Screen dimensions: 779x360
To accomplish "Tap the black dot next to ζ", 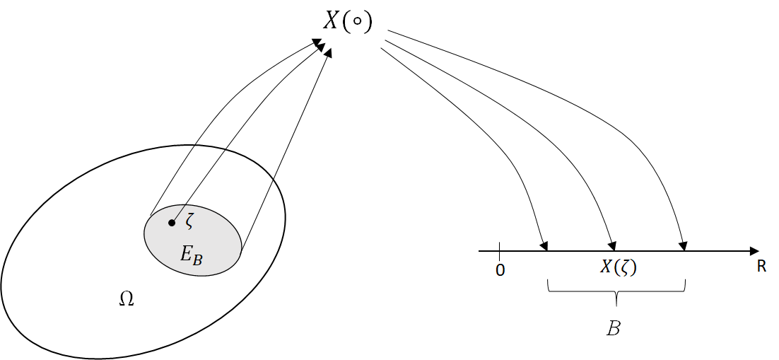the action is [x=171, y=223].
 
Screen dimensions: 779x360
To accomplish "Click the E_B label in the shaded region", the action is [x=192, y=255].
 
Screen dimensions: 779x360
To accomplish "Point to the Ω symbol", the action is [x=127, y=299].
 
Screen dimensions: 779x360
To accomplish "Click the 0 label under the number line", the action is [x=500, y=270].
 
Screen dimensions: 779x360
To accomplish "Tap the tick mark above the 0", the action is [x=500, y=248].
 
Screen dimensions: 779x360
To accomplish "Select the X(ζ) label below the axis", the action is [x=619, y=267].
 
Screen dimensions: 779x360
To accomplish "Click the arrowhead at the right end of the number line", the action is [x=754, y=251].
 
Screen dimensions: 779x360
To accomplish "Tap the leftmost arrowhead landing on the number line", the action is [x=544, y=245].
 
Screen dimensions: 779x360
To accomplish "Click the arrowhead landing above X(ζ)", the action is [x=613, y=245].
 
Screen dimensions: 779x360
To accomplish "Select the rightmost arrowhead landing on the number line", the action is [x=684, y=245].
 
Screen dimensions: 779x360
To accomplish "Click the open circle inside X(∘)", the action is [x=358, y=21].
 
